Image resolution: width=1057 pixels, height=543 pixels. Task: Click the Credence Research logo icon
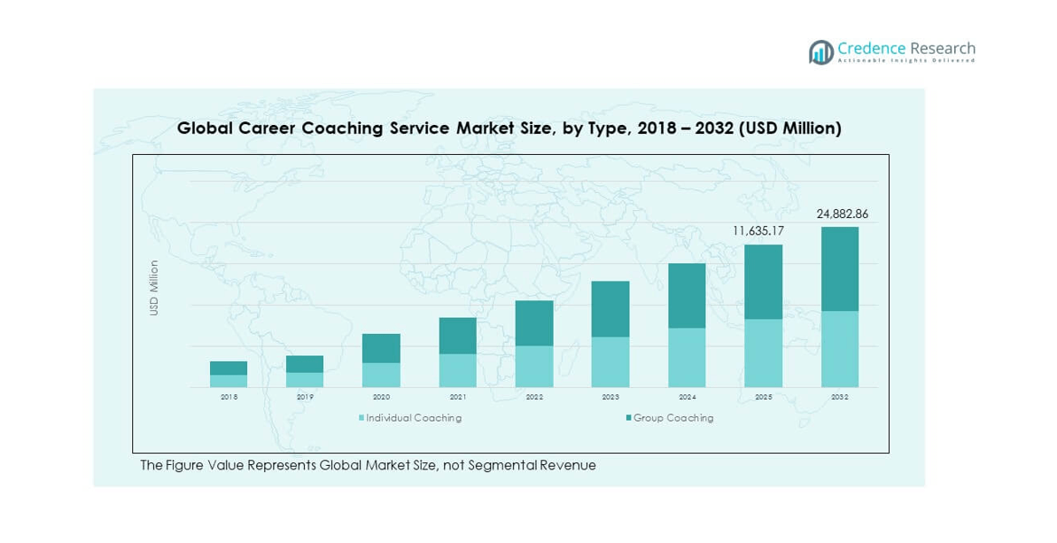[821, 52]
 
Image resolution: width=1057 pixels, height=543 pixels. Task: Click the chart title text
[509, 128]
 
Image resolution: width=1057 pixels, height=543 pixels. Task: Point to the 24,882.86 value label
[842, 214]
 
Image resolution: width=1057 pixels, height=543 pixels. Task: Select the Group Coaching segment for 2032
[840, 268]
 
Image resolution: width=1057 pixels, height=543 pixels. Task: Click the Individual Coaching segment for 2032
[840, 349]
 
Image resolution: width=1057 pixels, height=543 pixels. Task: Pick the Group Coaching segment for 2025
[763, 282]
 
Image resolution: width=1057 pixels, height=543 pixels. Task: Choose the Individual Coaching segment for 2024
[687, 358]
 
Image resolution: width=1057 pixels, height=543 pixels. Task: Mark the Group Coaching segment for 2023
[610, 309]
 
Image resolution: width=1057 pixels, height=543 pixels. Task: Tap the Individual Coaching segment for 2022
[534, 367]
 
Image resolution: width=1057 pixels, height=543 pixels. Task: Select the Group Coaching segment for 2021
[457, 336]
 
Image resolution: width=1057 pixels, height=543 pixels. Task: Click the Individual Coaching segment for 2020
[381, 375]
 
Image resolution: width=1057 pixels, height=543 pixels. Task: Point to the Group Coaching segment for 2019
[305, 364]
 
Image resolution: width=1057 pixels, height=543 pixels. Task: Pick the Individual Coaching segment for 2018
[229, 381]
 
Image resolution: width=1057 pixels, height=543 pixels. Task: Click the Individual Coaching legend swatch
[361, 418]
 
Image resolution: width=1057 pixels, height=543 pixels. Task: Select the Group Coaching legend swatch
[628, 418]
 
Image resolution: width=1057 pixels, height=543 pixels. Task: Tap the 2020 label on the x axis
[381, 398]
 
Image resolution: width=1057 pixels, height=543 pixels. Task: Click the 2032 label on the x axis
[840, 398]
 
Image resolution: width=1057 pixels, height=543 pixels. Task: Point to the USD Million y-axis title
[154, 288]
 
